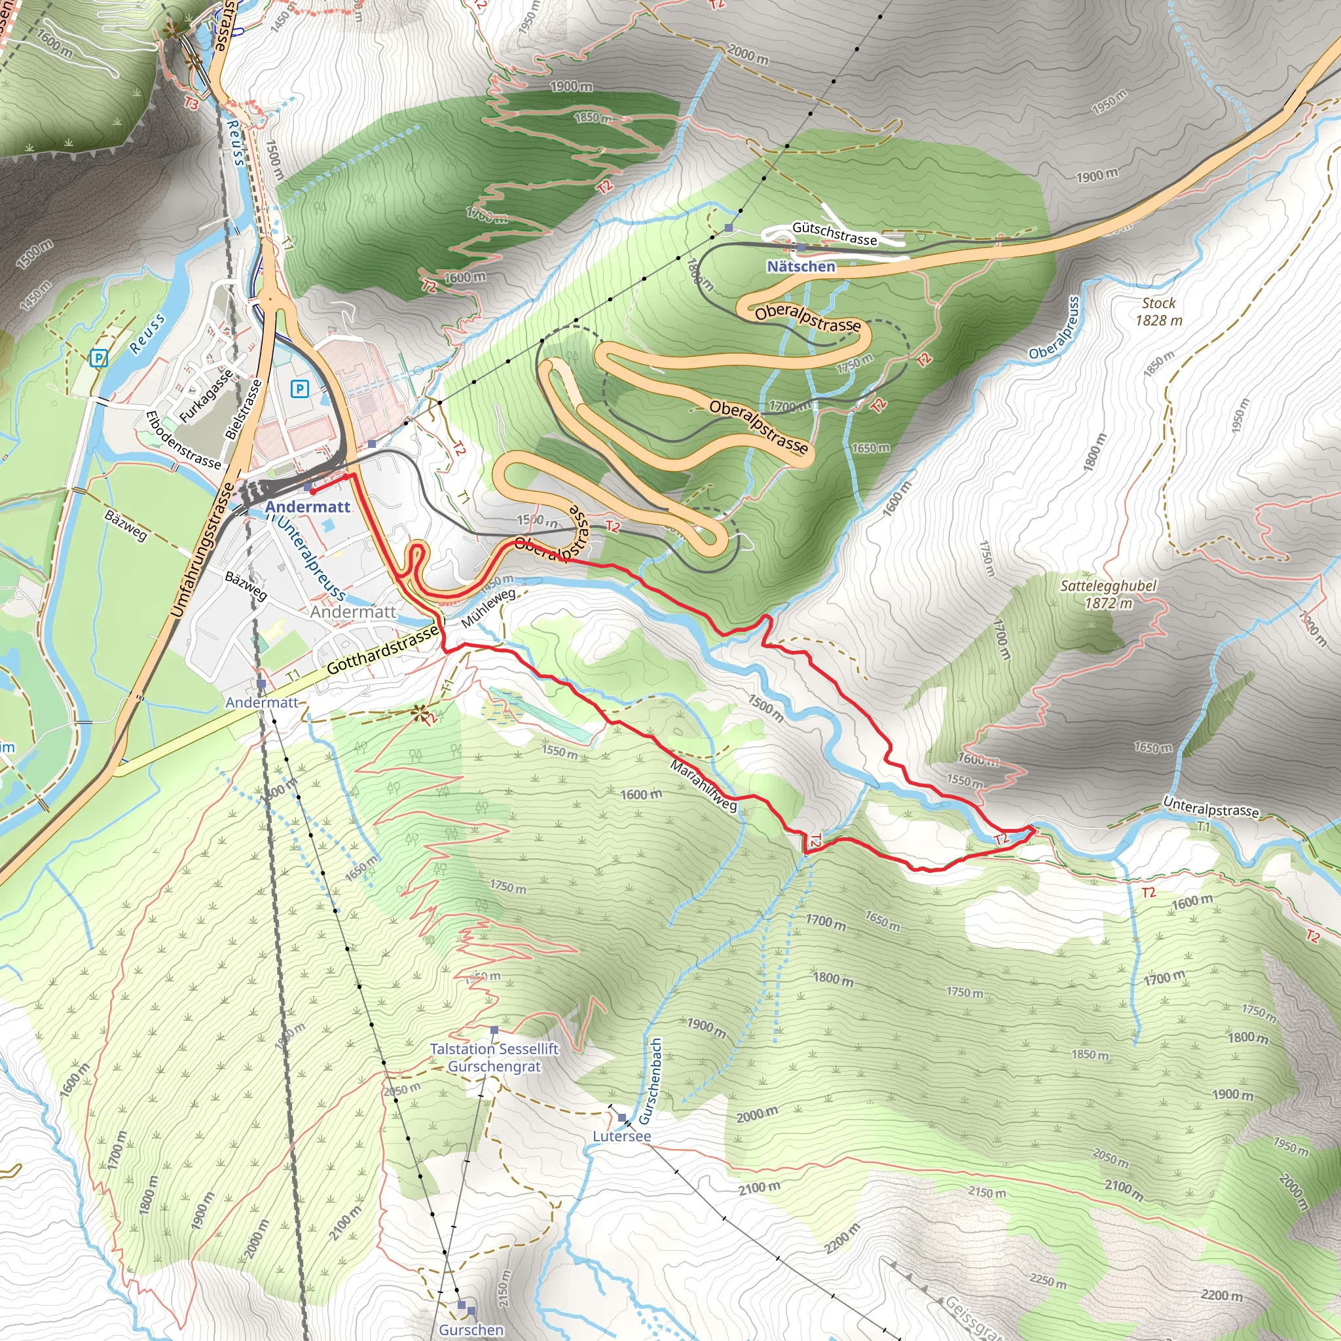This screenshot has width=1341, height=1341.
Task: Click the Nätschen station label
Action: click(801, 266)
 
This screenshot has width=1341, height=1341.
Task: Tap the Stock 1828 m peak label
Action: click(1158, 312)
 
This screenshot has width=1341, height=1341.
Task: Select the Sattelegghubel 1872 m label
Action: click(1108, 594)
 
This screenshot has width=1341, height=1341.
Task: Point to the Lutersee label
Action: click(621, 1136)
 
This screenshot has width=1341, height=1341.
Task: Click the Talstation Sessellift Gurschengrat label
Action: click(494, 1057)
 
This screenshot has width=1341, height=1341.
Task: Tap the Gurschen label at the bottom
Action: click(471, 1330)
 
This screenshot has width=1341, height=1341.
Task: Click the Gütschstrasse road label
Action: click(834, 233)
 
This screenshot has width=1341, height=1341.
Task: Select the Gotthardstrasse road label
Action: click(382, 648)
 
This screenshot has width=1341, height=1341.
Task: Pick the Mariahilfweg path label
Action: click(703, 785)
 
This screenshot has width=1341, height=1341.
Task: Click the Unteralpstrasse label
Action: click(1211, 807)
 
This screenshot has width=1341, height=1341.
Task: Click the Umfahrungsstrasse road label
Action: click(204, 551)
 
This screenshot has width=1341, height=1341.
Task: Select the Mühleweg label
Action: click(488, 608)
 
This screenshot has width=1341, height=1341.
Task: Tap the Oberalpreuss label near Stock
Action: click(1054, 328)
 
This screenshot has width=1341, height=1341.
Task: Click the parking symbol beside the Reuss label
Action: click(100, 358)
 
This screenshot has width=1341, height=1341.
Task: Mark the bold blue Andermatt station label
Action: click(308, 507)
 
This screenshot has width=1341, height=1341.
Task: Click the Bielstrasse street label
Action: click(244, 409)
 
